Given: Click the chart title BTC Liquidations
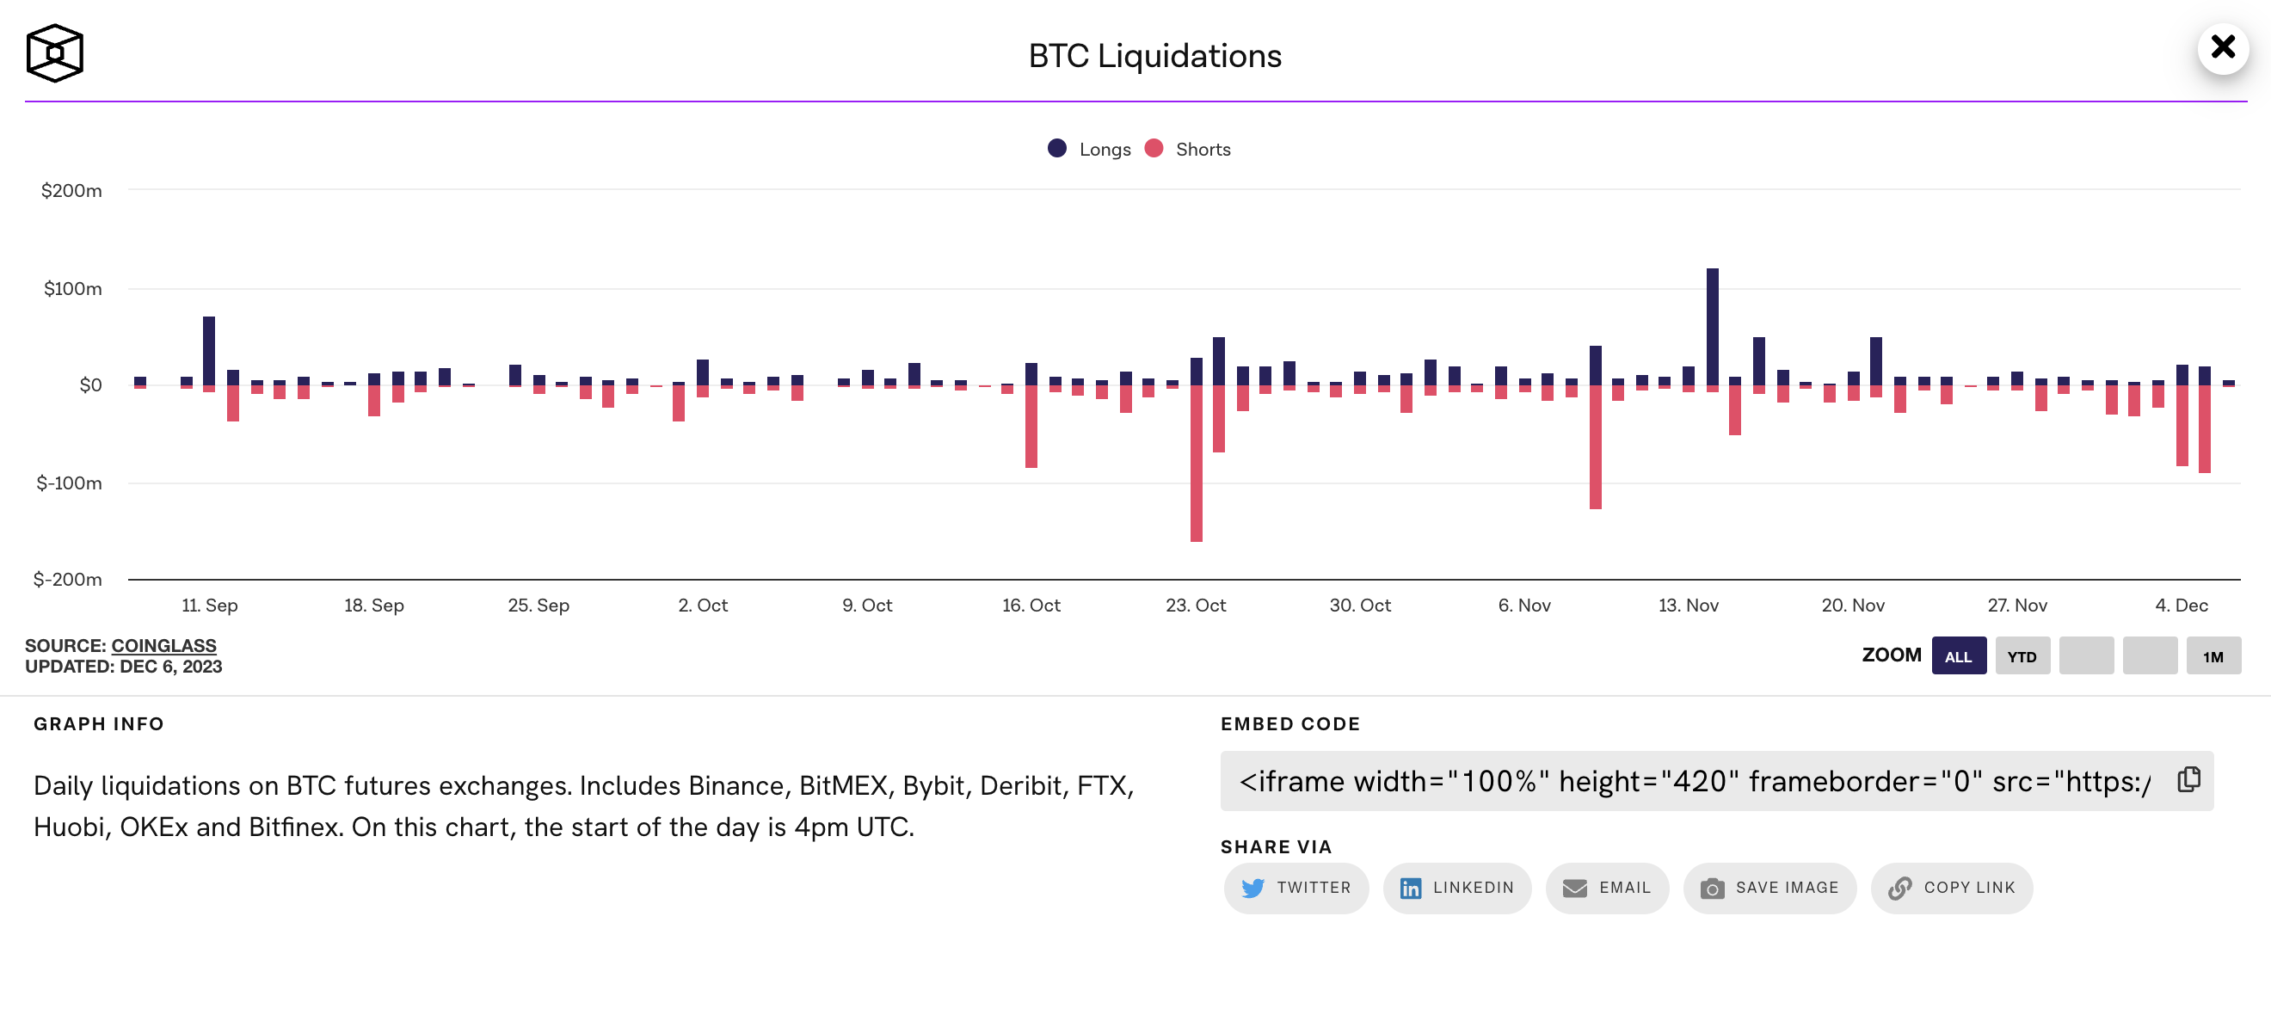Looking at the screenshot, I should [x=1154, y=56].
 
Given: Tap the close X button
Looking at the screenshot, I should [x=2223, y=46].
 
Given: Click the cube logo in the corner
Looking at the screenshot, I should [x=55, y=52].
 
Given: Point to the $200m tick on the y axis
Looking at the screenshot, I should [x=71, y=190].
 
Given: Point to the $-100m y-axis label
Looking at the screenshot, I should [x=69, y=483].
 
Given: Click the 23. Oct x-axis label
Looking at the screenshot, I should [x=1196, y=606].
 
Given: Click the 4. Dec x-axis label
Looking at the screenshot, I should [x=2181, y=606].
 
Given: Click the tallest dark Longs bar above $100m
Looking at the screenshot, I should [x=1712, y=326].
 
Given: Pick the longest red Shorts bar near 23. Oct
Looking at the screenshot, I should [x=1197, y=463].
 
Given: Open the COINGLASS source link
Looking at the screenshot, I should [x=164, y=646].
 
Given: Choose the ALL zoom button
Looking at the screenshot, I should [x=1958, y=657].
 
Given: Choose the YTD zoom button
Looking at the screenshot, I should [x=2022, y=657].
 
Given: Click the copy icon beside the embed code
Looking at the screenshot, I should [x=2188, y=780].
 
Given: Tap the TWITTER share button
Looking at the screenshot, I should [x=1296, y=888].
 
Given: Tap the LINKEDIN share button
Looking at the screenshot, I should [x=1456, y=888].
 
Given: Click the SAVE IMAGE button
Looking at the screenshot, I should [x=1769, y=888].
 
